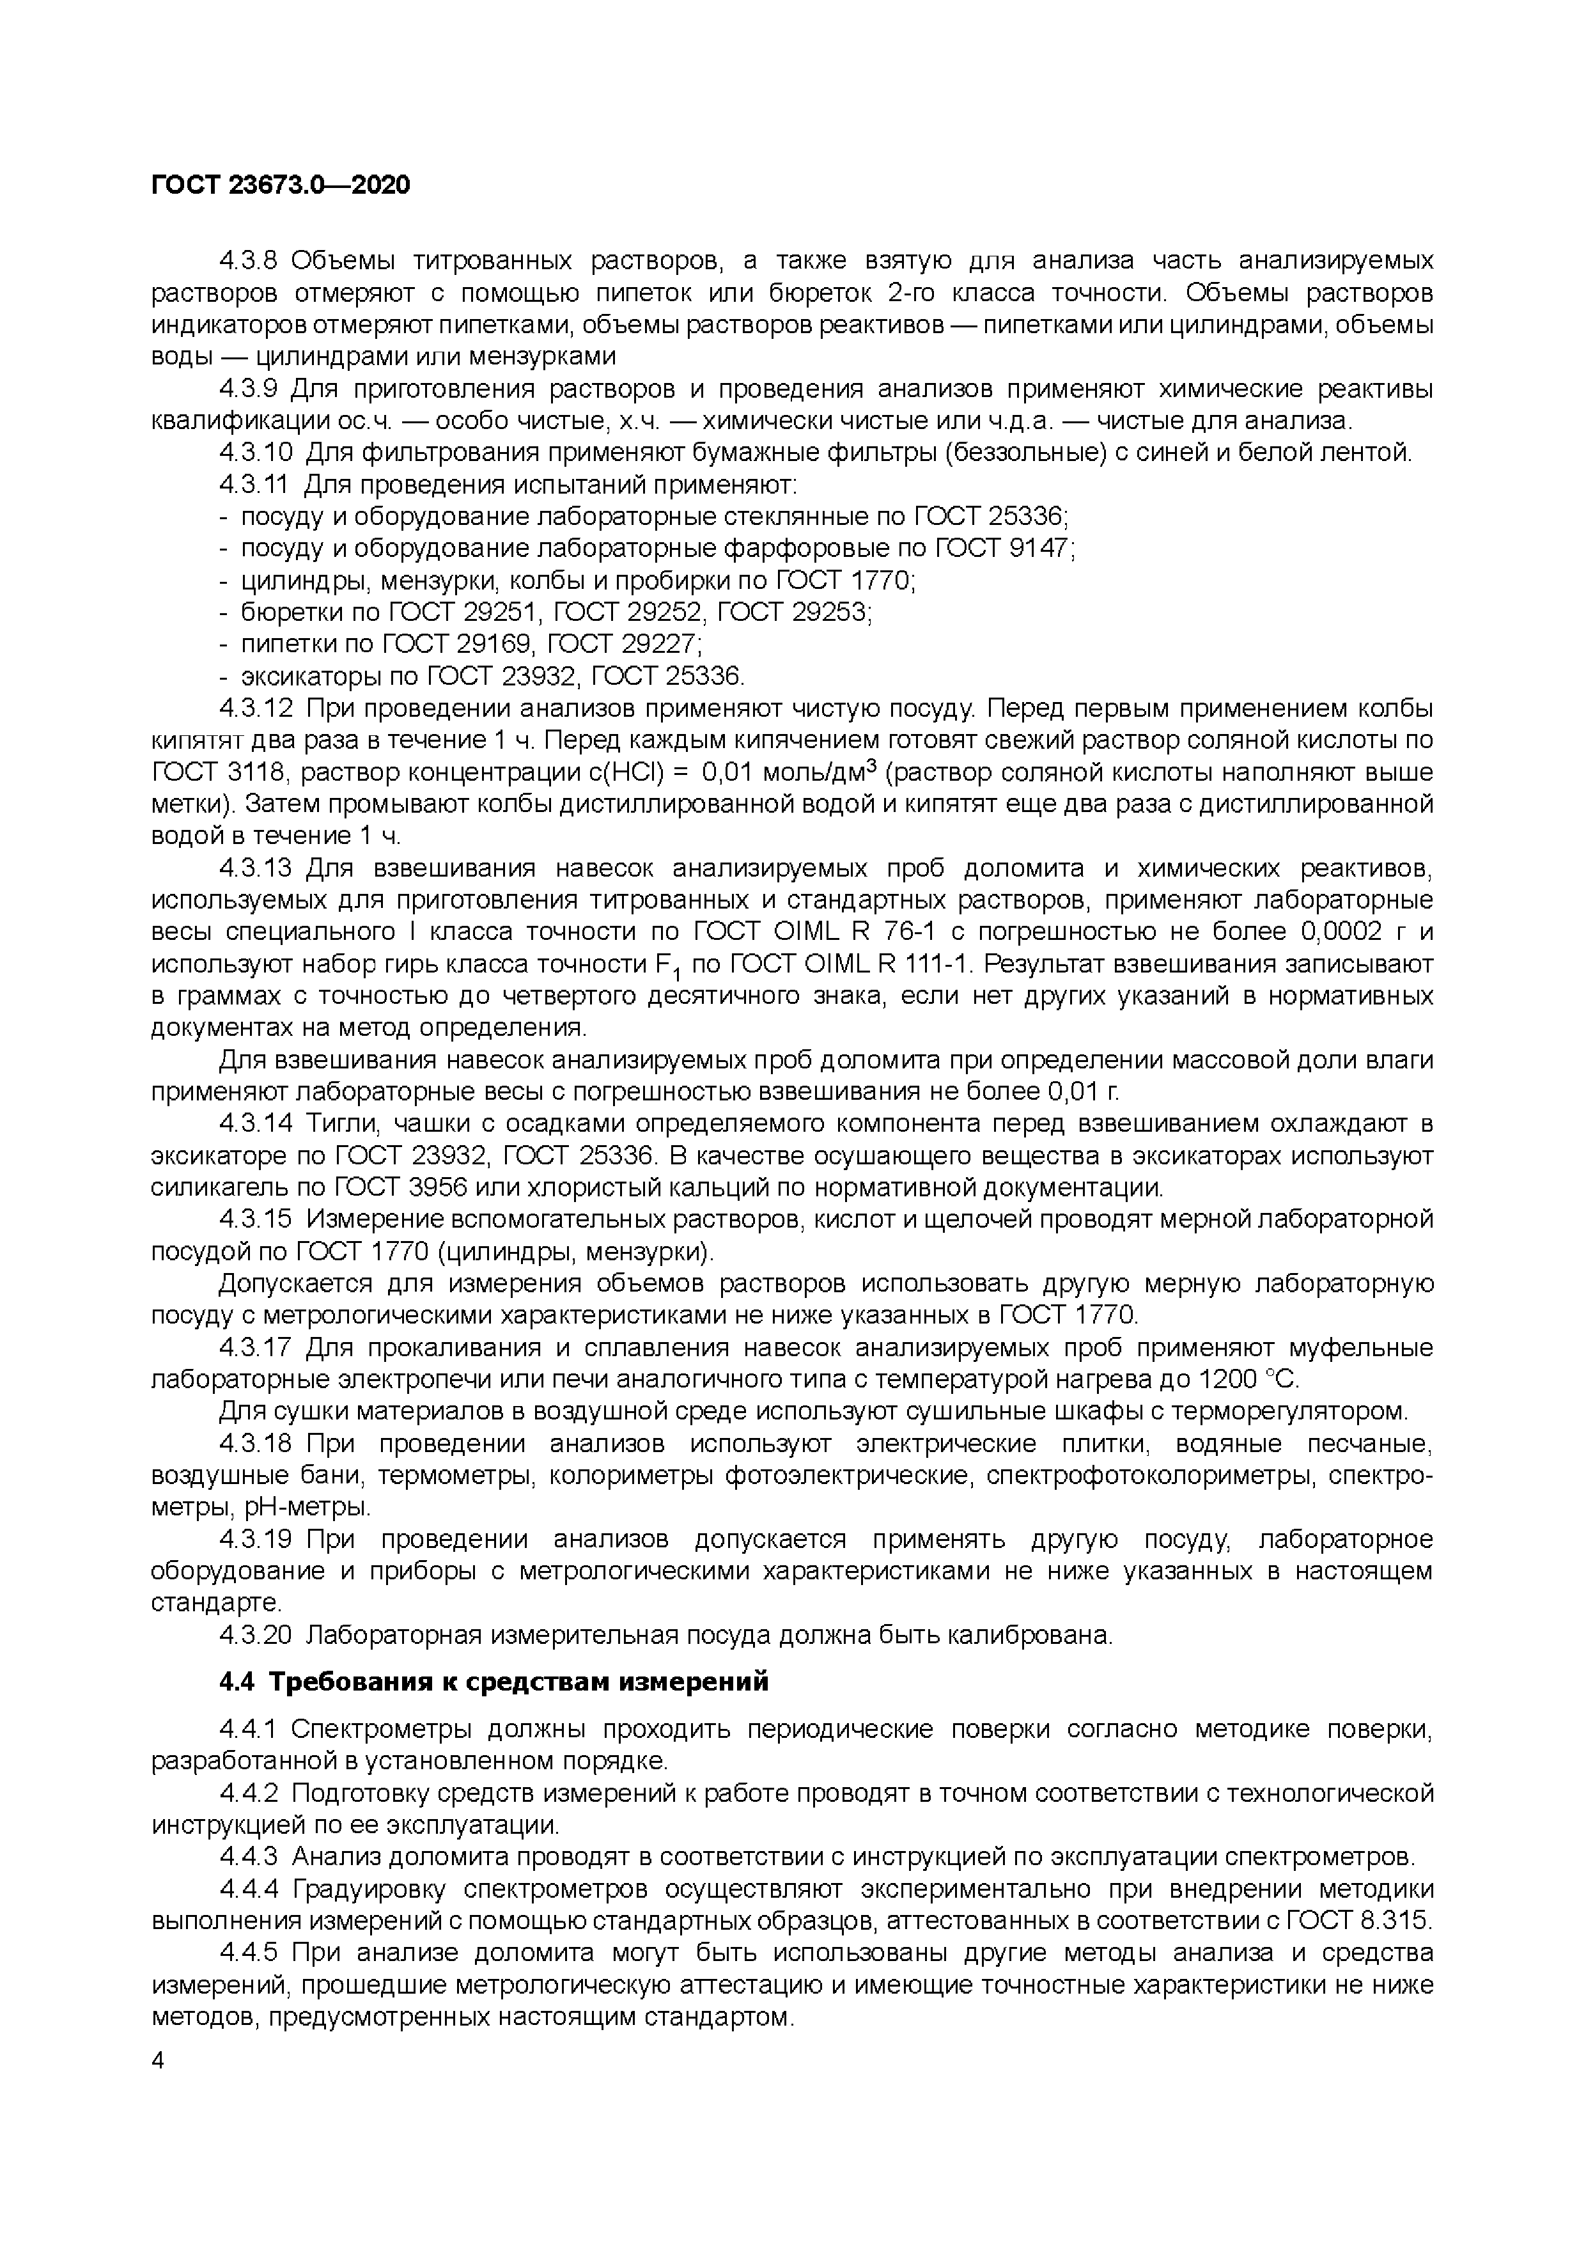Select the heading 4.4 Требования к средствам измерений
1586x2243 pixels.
(x=493, y=1682)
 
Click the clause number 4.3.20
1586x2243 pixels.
(x=256, y=1636)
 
